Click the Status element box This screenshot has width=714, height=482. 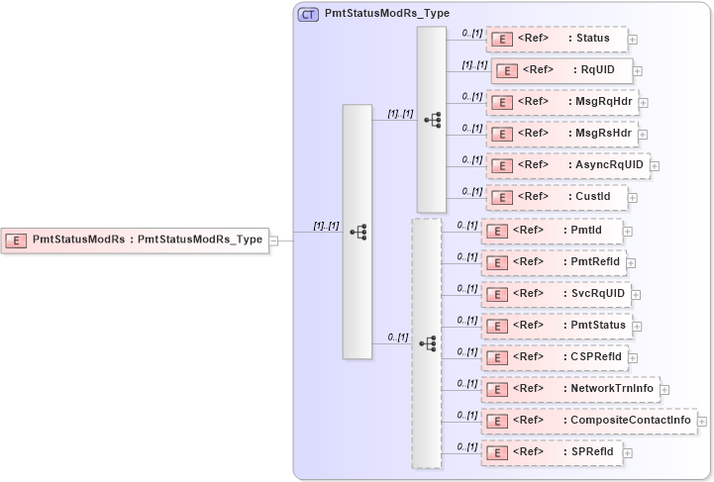[x=557, y=40]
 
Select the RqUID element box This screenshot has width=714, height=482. [x=561, y=70]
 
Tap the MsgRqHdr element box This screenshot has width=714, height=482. [x=561, y=102]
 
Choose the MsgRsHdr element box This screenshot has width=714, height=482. [x=561, y=134]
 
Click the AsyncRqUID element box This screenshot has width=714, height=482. [x=566, y=165]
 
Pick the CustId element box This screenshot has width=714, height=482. [x=557, y=197]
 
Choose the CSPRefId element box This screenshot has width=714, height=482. [x=554, y=357]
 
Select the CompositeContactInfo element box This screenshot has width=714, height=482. [x=588, y=421]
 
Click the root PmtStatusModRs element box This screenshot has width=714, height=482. [x=136, y=239]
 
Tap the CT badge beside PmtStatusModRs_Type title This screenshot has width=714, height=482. [x=308, y=15]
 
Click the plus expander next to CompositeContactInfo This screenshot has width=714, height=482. [x=702, y=422]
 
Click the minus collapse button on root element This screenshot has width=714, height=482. [x=274, y=240]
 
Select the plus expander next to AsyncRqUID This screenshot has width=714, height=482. [x=655, y=166]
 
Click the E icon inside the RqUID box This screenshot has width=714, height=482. [x=507, y=71]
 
